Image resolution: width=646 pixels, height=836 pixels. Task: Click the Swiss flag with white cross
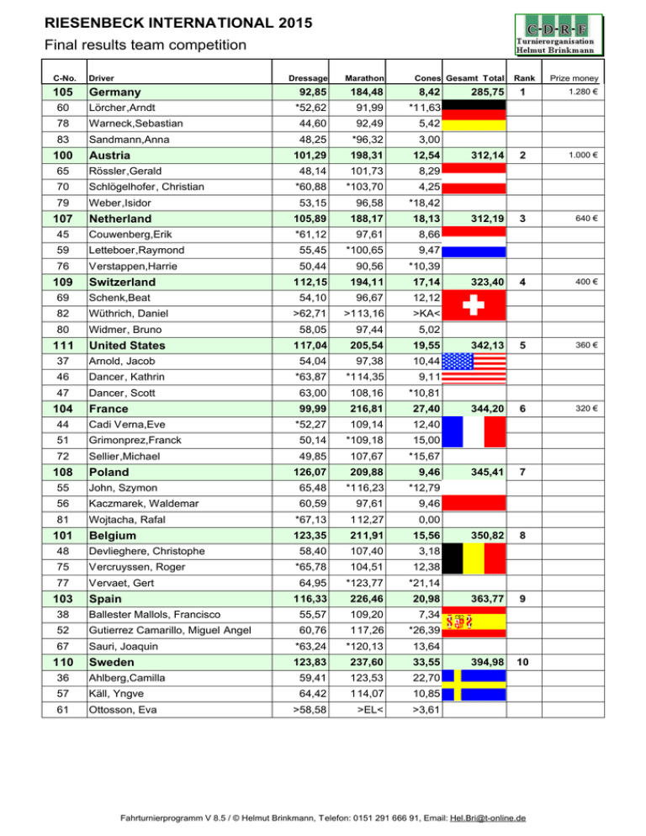coord(474,309)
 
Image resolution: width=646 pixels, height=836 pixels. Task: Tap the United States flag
coord(474,372)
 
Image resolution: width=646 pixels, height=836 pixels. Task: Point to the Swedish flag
coord(474,685)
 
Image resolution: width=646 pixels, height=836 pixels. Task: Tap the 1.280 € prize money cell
coord(581,92)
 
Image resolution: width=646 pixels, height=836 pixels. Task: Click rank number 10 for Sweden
coord(522,663)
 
